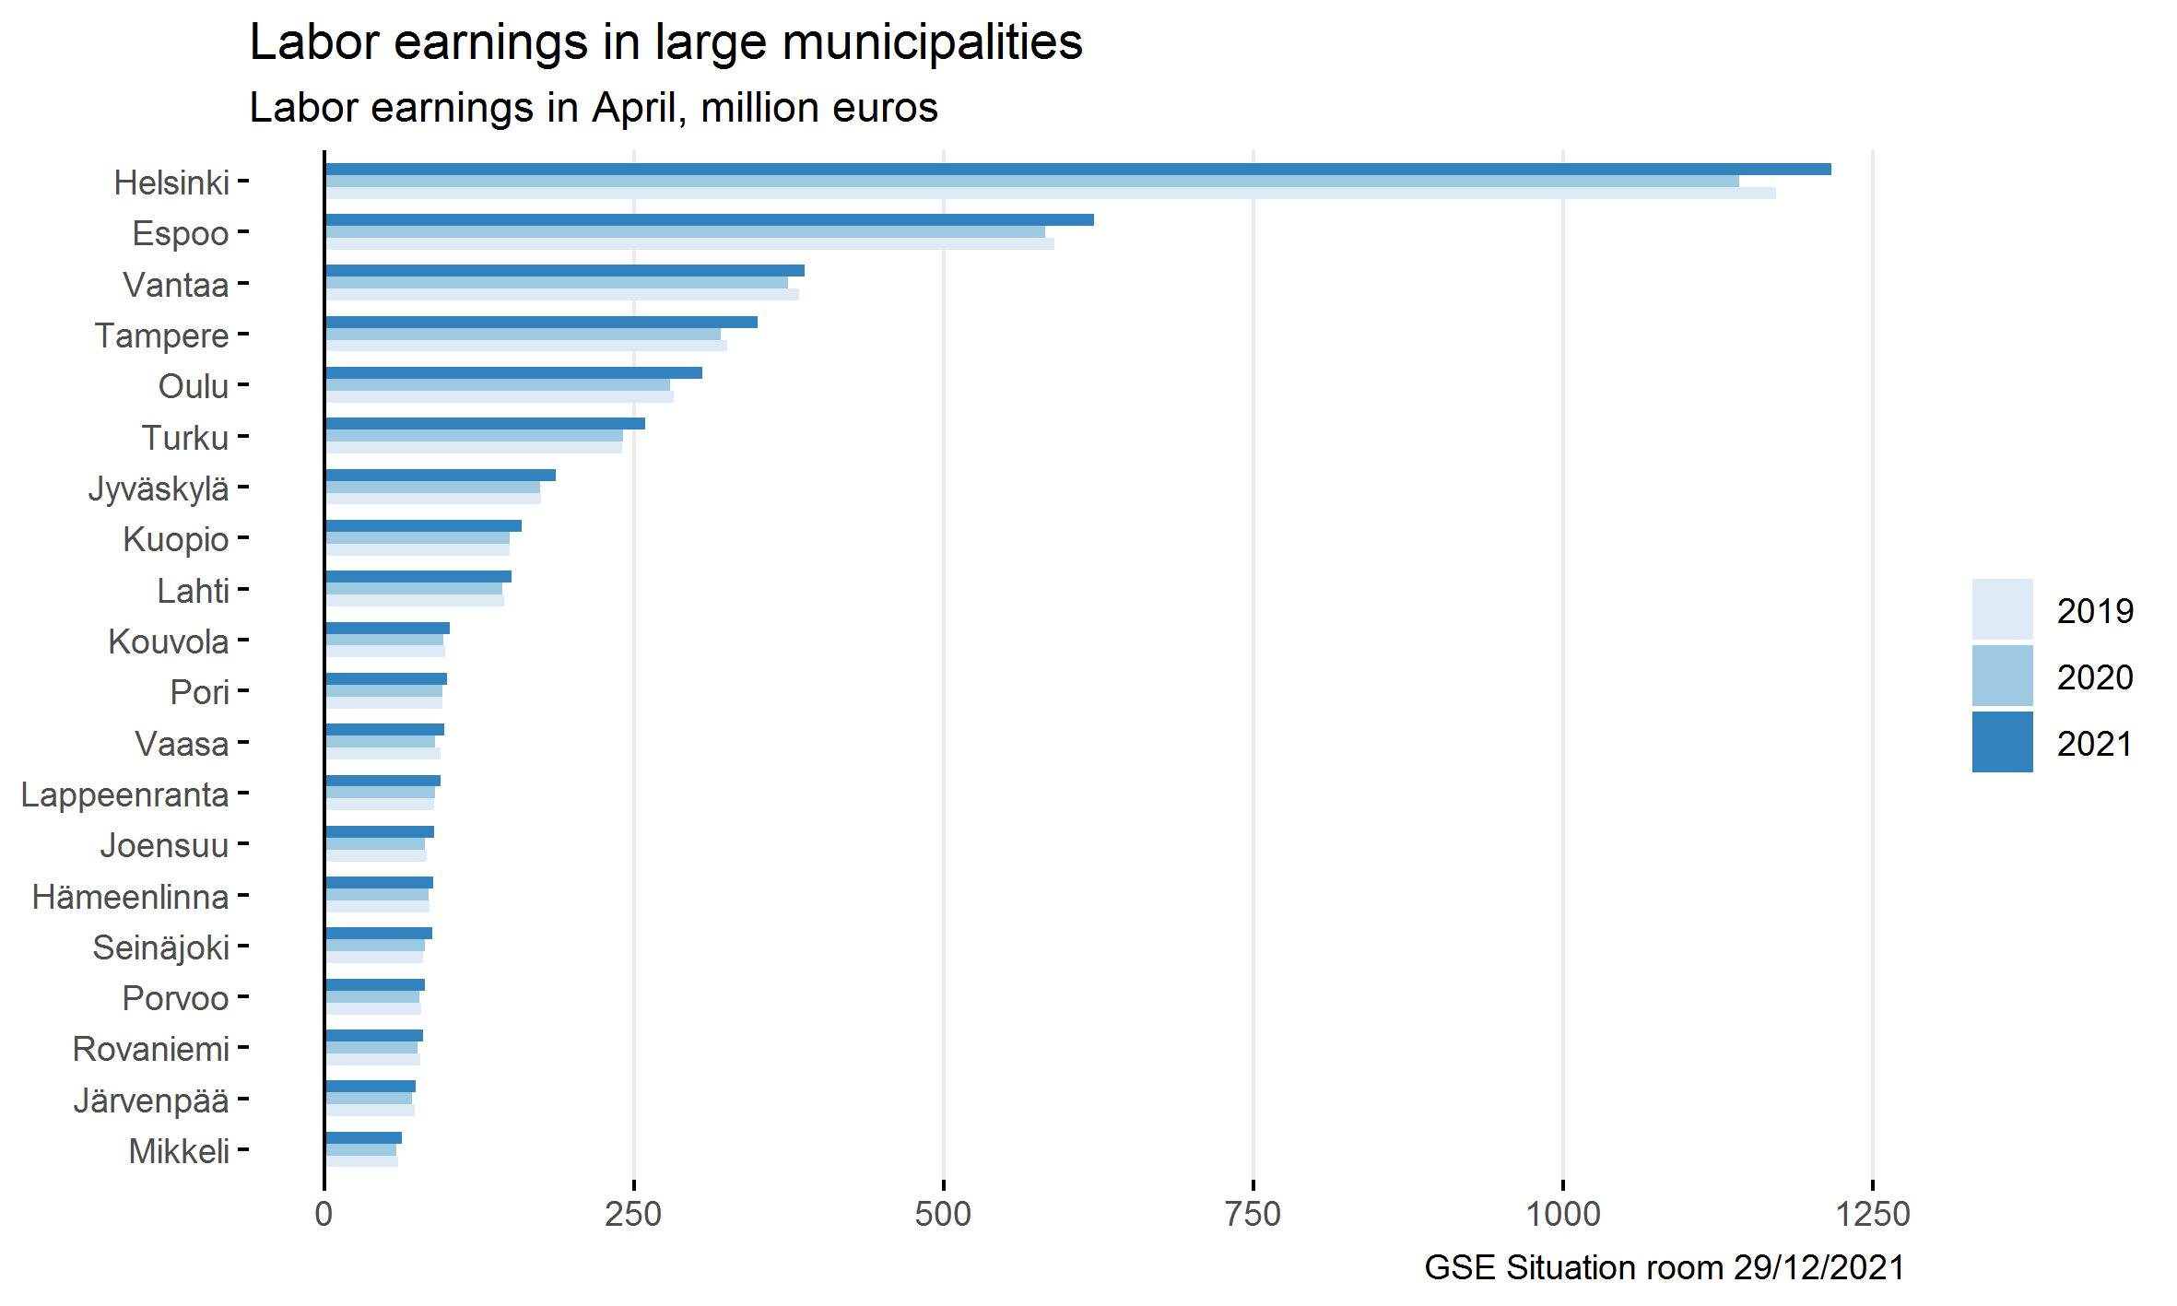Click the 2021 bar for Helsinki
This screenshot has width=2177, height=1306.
pyautogui.click(x=1077, y=170)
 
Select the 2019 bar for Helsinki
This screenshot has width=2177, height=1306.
pyautogui.click(x=1050, y=194)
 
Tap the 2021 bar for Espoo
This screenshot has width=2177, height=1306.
pyautogui.click(x=709, y=220)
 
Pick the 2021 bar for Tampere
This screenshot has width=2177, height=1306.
pyautogui.click(x=541, y=323)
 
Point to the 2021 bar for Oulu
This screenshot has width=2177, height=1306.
pyautogui.click(x=513, y=373)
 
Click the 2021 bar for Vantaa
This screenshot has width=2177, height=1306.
pyautogui.click(x=564, y=271)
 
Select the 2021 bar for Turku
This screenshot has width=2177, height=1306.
pyautogui.click(x=485, y=424)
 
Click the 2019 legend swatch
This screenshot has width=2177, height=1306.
pyautogui.click(x=2002, y=609)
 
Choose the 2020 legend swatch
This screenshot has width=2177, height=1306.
pyautogui.click(x=2002, y=676)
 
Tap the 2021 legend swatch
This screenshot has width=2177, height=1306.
pyautogui.click(x=2002, y=742)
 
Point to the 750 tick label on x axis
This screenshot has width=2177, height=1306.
pyautogui.click(x=1253, y=1214)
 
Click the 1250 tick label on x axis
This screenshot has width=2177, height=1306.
pyautogui.click(x=1872, y=1214)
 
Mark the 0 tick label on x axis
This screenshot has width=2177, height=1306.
pyautogui.click(x=324, y=1214)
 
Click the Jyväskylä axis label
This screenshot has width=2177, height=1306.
pyautogui.click(x=159, y=488)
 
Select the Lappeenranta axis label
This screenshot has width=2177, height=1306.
pyautogui.click(x=124, y=794)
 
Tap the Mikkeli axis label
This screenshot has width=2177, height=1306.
pyautogui.click(x=179, y=1151)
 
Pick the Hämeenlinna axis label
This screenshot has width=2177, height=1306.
pyautogui.click(x=130, y=897)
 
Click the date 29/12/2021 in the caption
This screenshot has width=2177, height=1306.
pyautogui.click(x=1818, y=1267)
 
